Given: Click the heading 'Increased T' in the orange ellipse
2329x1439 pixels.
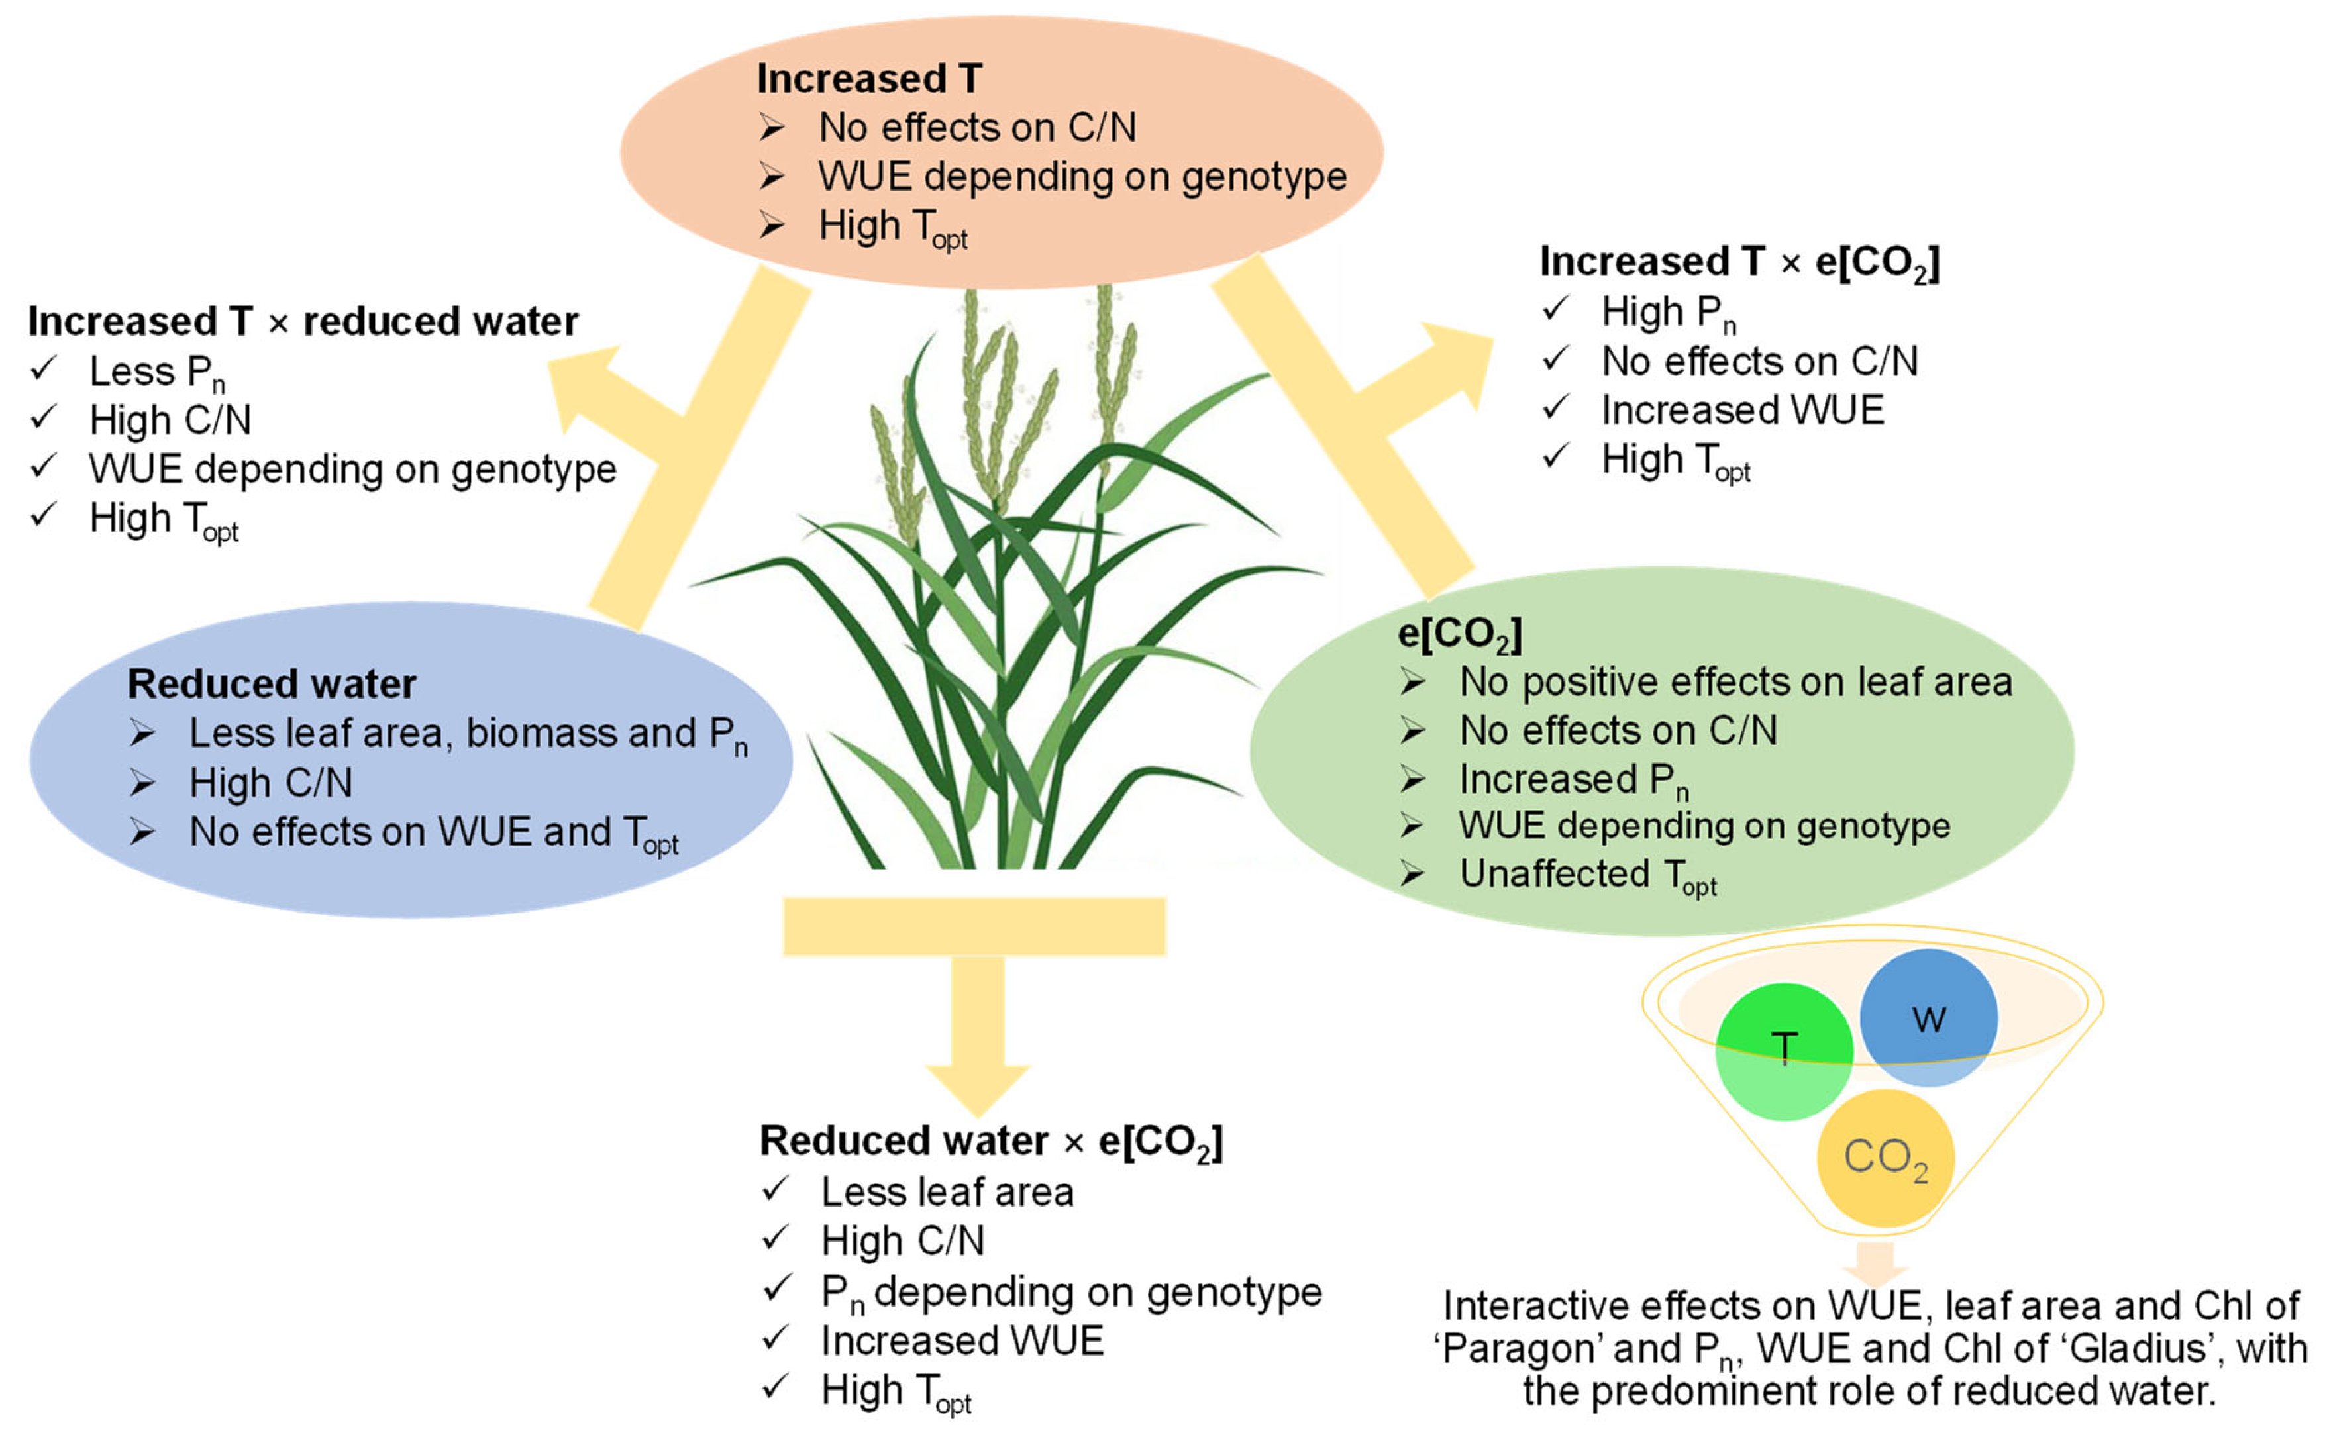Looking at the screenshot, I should coord(868,78).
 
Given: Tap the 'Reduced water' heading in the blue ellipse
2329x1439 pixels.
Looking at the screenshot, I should coord(272,683).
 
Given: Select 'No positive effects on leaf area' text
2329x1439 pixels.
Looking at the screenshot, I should coord(1735,681).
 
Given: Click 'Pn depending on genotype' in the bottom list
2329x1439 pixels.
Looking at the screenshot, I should coord(1070,1291).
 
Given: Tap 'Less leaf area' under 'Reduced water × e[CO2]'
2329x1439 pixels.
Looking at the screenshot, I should coord(947,1191).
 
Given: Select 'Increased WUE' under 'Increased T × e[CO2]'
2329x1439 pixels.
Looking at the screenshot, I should coord(1741,410).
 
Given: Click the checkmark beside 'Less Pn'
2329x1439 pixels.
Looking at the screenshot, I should coord(43,368).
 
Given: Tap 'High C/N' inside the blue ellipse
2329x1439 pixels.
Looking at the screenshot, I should coord(270,782).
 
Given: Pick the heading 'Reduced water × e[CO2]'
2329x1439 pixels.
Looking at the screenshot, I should coord(990,1140).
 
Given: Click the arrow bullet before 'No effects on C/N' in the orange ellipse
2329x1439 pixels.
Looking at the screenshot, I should coord(771,128).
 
